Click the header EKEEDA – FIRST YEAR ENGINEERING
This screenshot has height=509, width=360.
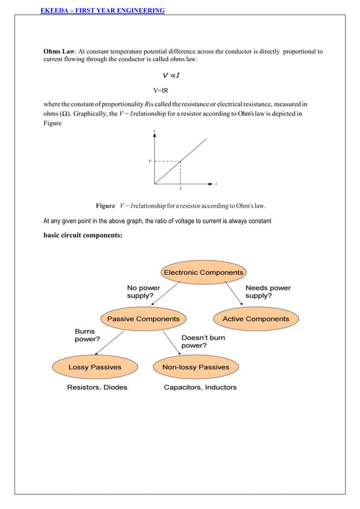103,10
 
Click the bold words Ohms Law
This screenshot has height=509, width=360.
59,51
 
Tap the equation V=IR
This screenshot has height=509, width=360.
161,90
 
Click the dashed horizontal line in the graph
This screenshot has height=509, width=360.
167,161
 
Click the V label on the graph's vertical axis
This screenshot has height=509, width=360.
150,161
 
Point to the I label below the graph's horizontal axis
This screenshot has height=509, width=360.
180,189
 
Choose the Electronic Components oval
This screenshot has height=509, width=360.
203,273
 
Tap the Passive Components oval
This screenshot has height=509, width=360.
143,319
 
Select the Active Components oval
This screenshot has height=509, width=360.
256,319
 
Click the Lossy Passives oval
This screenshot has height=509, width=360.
95,367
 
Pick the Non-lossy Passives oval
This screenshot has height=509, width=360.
195,367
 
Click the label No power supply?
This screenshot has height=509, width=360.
143,292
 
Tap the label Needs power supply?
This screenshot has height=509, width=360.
268,292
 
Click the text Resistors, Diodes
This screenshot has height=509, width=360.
97,387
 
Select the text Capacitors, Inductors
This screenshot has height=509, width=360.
200,387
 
